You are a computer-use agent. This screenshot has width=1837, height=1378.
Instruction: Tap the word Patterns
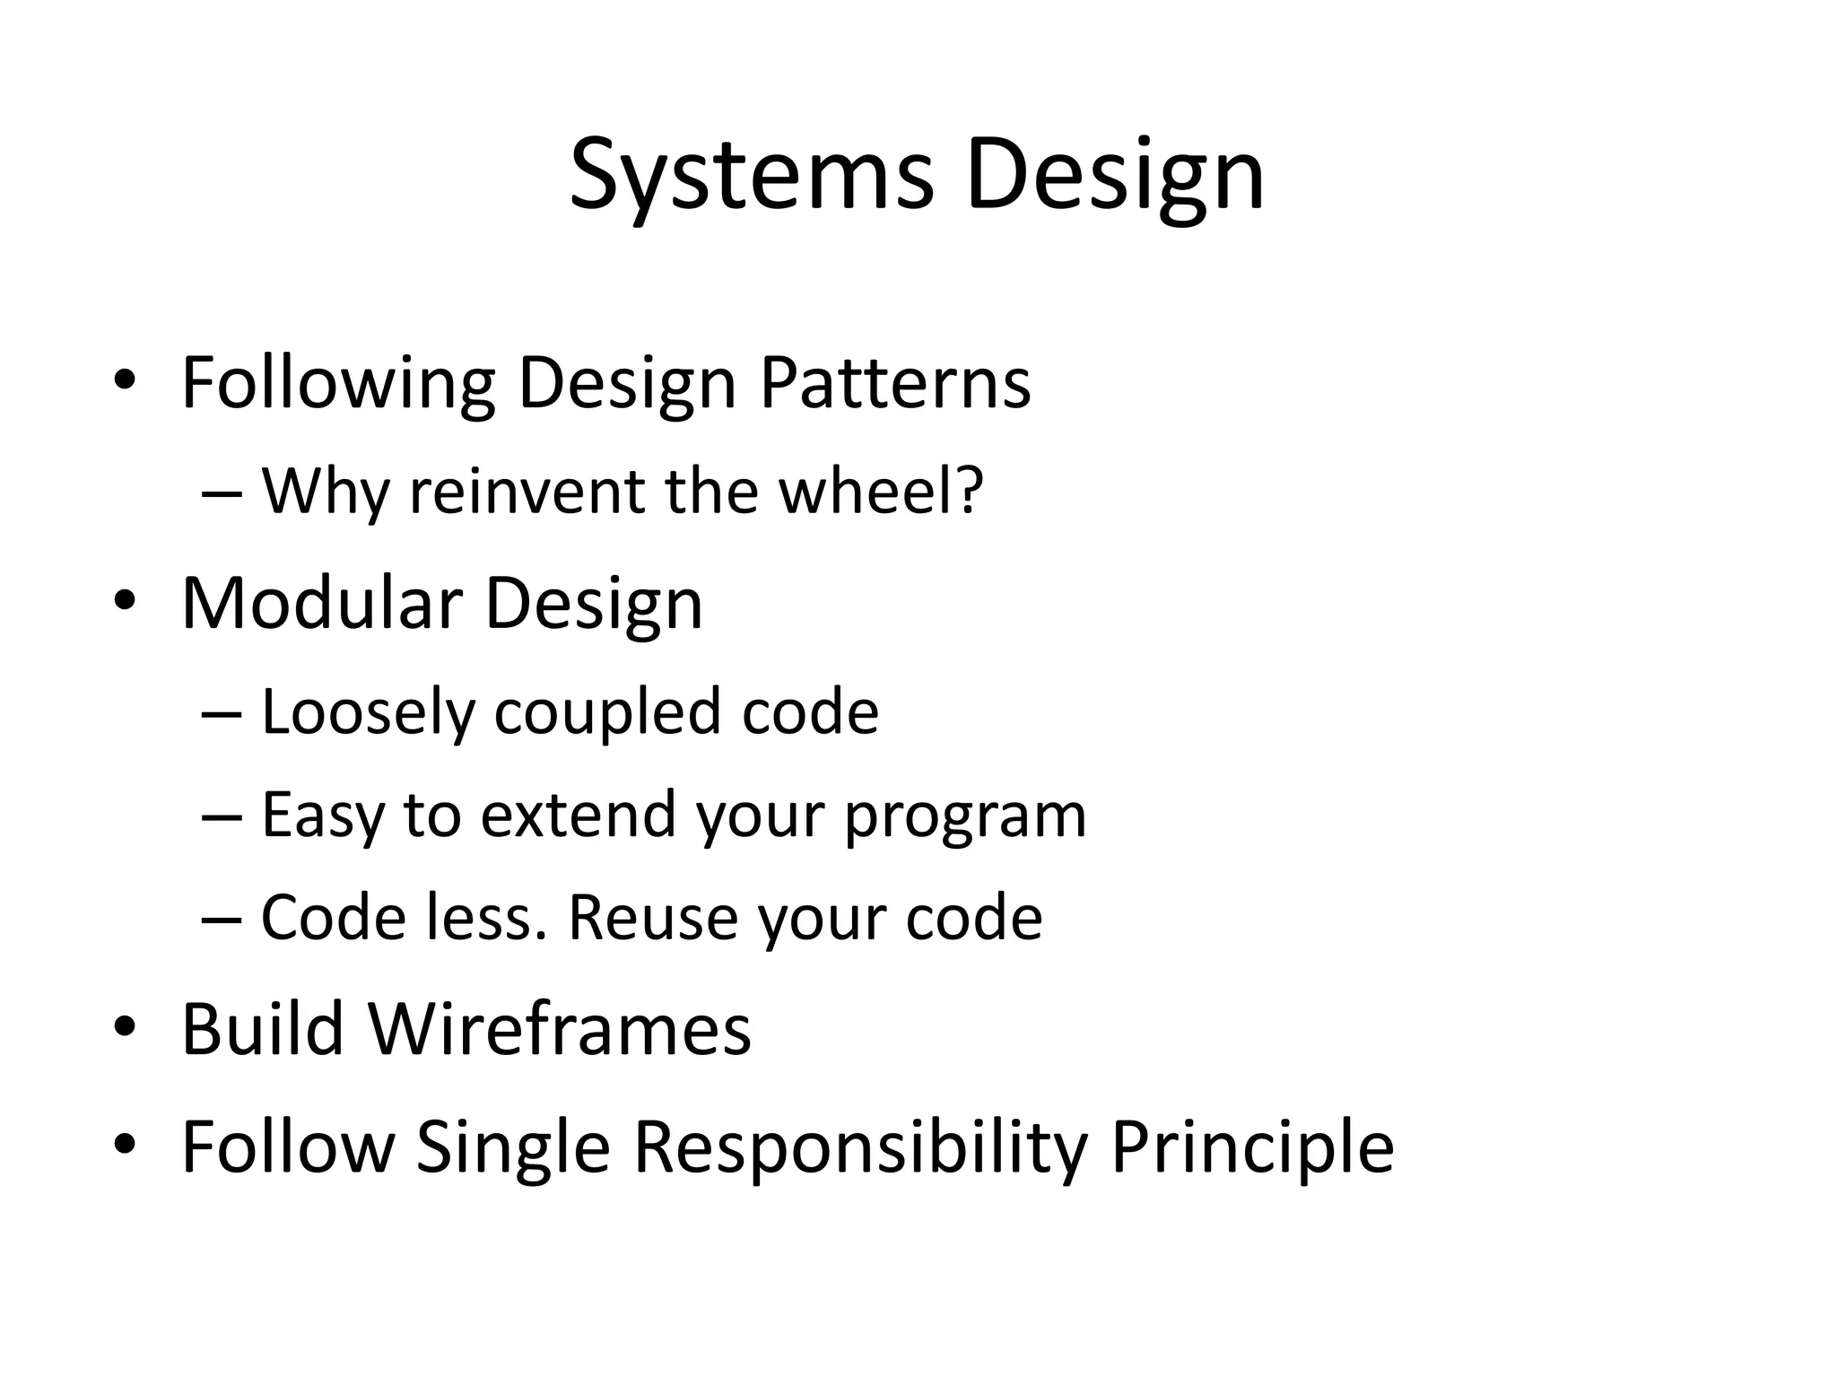(x=895, y=384)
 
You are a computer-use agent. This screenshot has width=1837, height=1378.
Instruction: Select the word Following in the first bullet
(x=338, y=384)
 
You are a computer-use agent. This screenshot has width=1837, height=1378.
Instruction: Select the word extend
(x=578, y=815)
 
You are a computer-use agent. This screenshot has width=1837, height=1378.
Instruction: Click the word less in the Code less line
(x=485, y=918)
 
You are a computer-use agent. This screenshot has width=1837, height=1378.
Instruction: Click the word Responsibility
(x=860, y=1147)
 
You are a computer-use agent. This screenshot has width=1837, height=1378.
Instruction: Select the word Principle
(x=1252, y=1147)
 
